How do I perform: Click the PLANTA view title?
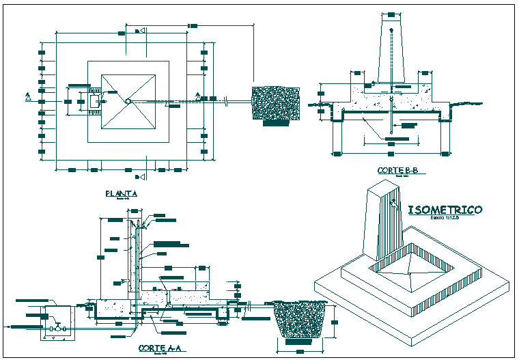click(x=122, y=193)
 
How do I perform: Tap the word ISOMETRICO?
click(x=445, y=210)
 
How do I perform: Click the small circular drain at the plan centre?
click(x=128, y=102)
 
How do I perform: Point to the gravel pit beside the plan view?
click(x=275, y=102)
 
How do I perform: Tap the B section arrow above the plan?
click(x=139, y=31)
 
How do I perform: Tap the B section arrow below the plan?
click(x=139, y=178)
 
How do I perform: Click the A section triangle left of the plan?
click(x=28, y=96)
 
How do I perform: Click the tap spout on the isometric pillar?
click(x=395, y=202)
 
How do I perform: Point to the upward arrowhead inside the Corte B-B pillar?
click(x=391, y=31)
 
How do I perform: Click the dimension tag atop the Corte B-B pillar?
click(x=391, y=14)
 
